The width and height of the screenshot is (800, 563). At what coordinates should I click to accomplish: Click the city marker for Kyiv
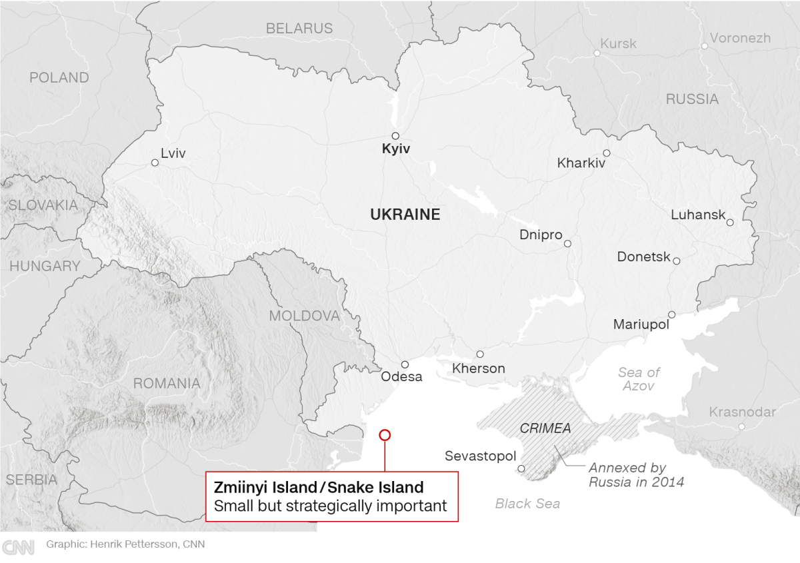click(395, 136)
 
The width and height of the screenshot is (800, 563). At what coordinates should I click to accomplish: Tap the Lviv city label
click(173, 154)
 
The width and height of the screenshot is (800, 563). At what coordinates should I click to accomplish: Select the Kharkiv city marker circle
click(607, 153)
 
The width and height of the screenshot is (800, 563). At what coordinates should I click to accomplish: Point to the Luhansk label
click(698, 215)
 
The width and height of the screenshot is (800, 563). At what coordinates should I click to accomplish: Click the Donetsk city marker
click(676, 261)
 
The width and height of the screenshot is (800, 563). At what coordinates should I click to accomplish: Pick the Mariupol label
click(641, 324)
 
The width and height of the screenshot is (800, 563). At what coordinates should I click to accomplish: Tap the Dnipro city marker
click(567, 244)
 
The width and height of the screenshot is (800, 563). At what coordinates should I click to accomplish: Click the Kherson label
click(479, 368)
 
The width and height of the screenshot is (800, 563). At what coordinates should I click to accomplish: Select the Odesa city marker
click(405, 364)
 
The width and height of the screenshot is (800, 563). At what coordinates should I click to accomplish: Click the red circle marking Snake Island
click(385, 435)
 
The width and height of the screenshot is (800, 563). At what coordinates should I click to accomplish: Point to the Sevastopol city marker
click(521, 468)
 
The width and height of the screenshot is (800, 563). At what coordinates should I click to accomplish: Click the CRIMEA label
click(545, 428)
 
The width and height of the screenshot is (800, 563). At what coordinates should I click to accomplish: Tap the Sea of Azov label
click(639, 379)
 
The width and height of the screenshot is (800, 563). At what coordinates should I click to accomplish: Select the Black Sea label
click(527, 504)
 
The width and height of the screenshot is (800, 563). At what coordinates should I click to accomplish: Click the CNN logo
click(18, 547)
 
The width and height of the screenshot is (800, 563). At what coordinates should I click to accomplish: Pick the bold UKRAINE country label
click(405, 215)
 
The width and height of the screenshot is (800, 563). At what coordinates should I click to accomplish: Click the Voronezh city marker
click(704, 46)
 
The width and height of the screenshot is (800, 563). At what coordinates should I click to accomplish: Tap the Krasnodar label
click(742, 412)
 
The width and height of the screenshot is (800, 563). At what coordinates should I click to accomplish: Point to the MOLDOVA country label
click(305, 316)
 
